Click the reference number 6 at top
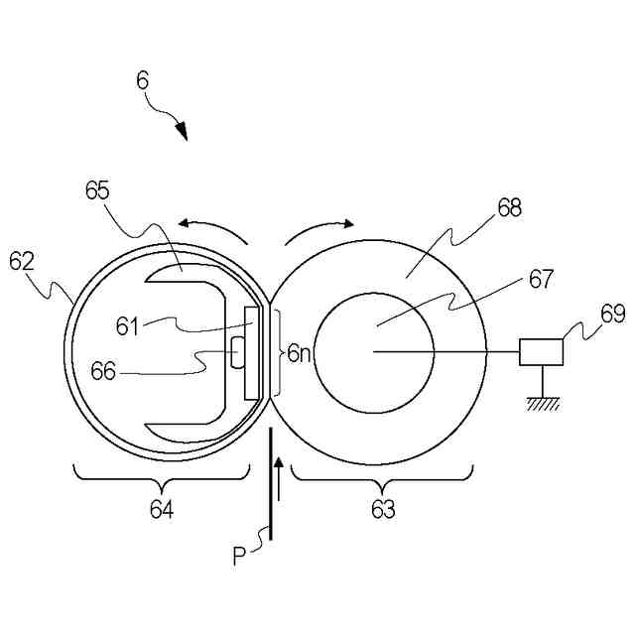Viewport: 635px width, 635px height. [143, 80]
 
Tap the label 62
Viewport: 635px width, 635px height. [22, 261]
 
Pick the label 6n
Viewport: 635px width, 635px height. [300, 352]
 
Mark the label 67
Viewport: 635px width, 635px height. [541, 280]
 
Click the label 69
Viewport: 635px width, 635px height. [612, 316]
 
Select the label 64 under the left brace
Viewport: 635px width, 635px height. [161, 510]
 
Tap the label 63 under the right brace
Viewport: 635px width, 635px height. [382, 510]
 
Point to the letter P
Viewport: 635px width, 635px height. [239, 557]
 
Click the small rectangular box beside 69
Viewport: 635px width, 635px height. [541, 351]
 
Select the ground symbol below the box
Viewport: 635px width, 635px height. [541, 403]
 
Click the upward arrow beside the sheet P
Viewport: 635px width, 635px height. [279, 480]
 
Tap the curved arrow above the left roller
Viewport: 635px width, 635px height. [212, 227]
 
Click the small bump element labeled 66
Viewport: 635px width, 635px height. [237, 351]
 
